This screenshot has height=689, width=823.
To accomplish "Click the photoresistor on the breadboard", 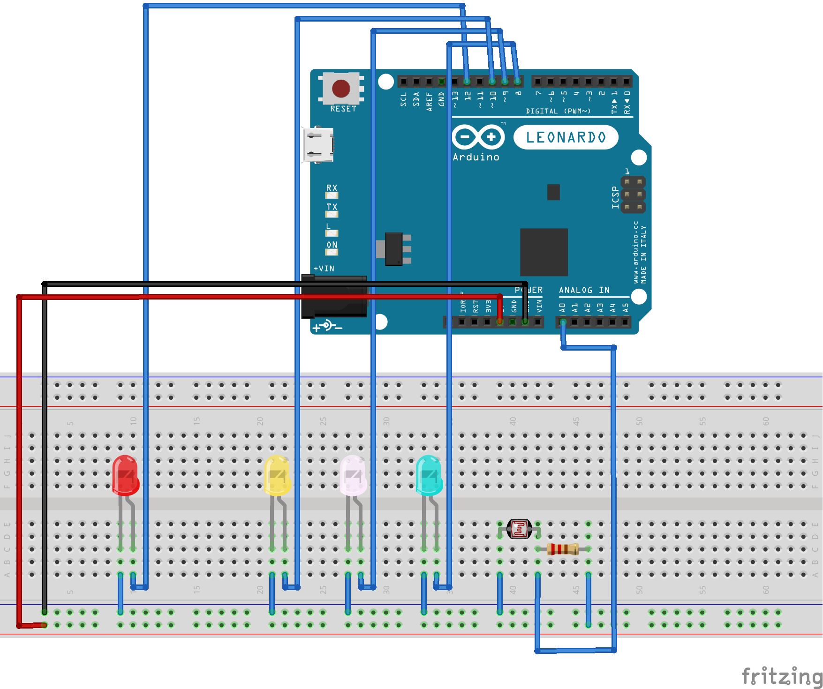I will (519, 529).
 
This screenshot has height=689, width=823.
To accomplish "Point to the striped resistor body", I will (563, 549).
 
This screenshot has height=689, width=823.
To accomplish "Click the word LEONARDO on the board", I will (566, 137).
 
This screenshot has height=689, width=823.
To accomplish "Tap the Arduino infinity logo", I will (478, 137).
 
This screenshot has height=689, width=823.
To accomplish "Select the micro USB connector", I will (318, 145).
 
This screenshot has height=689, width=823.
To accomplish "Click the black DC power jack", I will (334, 297).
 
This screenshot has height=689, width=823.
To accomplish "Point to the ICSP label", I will (615, 197).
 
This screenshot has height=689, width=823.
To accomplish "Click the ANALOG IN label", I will (584, 290).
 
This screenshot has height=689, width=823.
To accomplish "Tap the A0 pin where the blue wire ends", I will (563, 322).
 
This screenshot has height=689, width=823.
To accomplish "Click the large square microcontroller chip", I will (544, 252).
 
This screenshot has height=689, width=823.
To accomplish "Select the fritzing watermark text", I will (781, 676).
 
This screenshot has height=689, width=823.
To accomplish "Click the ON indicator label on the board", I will (332, 245).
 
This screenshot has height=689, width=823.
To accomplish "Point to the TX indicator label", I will (332, 207).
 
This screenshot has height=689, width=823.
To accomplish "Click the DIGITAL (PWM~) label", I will (558, 111).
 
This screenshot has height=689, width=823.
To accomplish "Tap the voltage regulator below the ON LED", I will (394, 249).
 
